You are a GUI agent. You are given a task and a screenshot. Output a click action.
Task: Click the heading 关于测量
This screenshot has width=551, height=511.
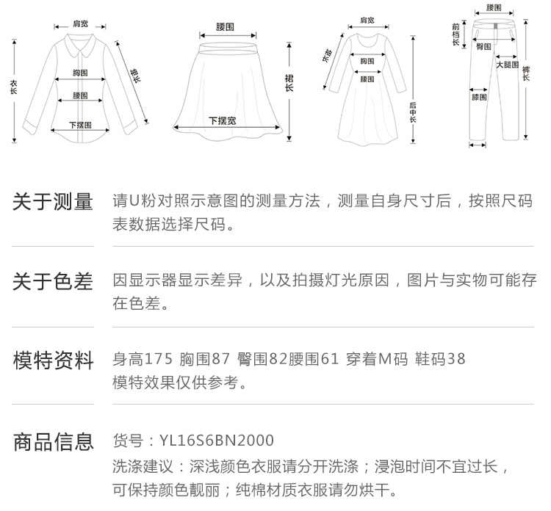pos(53,202)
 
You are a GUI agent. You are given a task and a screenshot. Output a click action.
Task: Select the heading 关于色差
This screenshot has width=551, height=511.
pos(53,282)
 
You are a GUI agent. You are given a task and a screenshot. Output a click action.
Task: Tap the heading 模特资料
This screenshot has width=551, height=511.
pos(54,360)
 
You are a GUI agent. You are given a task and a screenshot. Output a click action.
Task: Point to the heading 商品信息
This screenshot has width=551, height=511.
pos(54,442)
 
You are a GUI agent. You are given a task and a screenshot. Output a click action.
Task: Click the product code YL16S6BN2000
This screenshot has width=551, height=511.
pos(217,441)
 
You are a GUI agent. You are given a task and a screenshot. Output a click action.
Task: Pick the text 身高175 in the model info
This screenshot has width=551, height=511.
pos(143,359)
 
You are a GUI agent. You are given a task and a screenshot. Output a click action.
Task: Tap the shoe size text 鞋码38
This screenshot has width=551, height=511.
pos(440,359)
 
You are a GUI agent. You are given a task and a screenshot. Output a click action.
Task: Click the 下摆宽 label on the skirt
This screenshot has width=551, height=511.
pos(223,120)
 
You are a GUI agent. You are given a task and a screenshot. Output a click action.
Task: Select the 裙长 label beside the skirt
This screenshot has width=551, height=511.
pos(289,83)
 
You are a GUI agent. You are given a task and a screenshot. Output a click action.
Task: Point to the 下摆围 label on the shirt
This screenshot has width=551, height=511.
pos(80,125)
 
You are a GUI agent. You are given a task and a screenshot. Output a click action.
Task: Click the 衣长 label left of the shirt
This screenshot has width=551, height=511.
pos(14,87)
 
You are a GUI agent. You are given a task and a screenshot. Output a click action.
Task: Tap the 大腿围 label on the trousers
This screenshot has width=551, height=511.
pos(507,65)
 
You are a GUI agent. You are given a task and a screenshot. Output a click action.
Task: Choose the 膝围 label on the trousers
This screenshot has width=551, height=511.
pos(479,97)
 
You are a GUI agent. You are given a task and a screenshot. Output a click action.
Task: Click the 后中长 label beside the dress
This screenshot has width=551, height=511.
pos(413,112)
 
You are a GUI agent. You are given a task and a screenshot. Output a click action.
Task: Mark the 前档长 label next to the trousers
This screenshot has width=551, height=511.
pos(455,34)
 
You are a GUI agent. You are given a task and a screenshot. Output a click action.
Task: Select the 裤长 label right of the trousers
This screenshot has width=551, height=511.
pos(526,73)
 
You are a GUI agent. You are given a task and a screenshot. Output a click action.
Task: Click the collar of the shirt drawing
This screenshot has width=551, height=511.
pos(81,45)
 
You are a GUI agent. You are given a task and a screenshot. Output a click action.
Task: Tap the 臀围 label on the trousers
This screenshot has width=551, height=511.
pos(483,46)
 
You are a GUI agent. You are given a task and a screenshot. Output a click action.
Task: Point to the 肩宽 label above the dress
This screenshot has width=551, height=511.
pos(367,21)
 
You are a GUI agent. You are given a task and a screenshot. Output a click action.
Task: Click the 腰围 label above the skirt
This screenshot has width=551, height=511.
pos(225,26)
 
